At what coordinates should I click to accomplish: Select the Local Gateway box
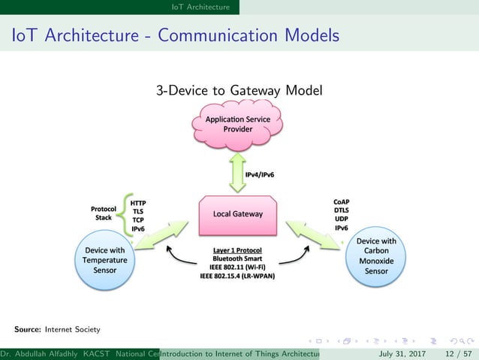pyautogui.click(x=237, y=213)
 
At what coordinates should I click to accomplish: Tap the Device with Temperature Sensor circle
pyautogui.click(x=105, y=260)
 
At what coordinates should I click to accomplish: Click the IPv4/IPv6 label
pyautogui.click(x=260, y=174)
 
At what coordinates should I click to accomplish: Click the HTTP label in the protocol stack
pyautogui.click(x=138, y=203)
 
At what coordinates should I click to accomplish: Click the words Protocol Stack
pyautogui.click(x=103, y=213)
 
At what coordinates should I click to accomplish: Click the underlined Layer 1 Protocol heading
pyautogui.click(x=237, y=249)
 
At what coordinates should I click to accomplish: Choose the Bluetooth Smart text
pyautogui.click(x=237, y=258)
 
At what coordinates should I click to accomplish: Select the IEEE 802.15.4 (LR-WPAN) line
pyautogui.click(x=237, y=276)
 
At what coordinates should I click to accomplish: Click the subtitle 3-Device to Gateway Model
pyautogui.click(x=239, y=91)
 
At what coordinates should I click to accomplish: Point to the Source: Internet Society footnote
pyautogui.click(x=56, y=329)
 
